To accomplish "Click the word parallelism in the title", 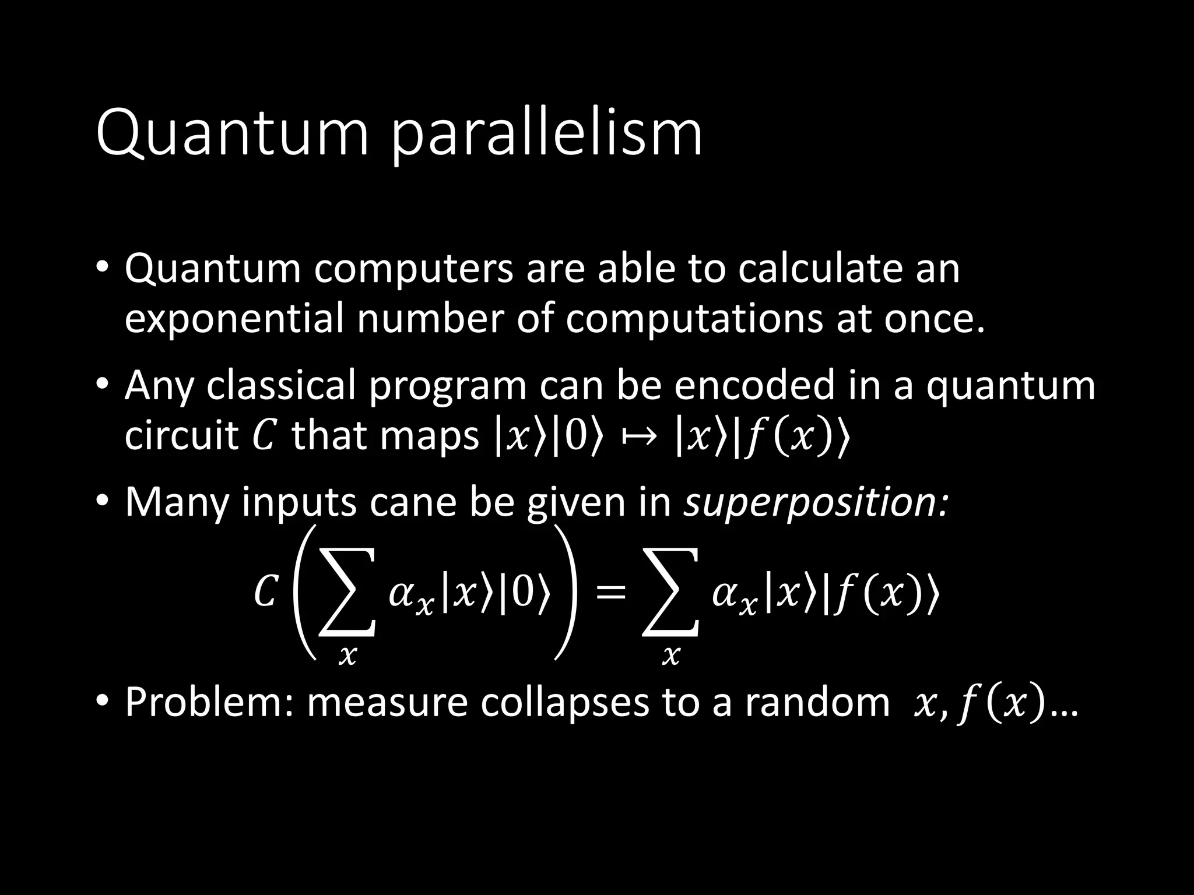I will pos(547,135).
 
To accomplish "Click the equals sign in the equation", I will pos(610,594).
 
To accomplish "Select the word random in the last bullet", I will pos(818,703).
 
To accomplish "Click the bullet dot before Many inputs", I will pos(103,501).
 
